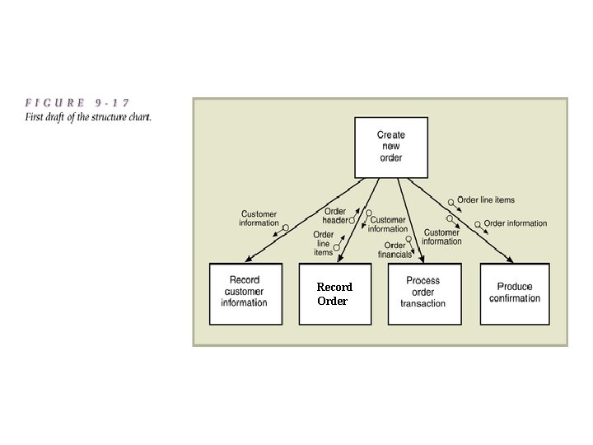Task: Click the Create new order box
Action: tap(391, 147)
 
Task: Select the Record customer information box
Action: tap(245, 293)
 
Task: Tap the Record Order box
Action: tap(334, 293)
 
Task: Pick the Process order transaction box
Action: tap(423, 293)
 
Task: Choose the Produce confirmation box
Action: tap(515, 293)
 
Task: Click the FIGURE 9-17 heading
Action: tap(77, 103)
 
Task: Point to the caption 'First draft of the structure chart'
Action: tap(88, 116)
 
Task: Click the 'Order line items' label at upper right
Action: tap(486, 199)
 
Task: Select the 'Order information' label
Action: tap(515, 223)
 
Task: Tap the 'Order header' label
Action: tap(335, 216)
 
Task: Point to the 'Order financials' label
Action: tap(395, 250)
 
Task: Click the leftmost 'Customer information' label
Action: tap(259, 219)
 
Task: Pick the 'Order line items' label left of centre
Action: tap(323, 243)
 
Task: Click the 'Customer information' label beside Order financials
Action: tap(388, 224)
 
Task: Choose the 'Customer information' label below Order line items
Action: tap(442, 237)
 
